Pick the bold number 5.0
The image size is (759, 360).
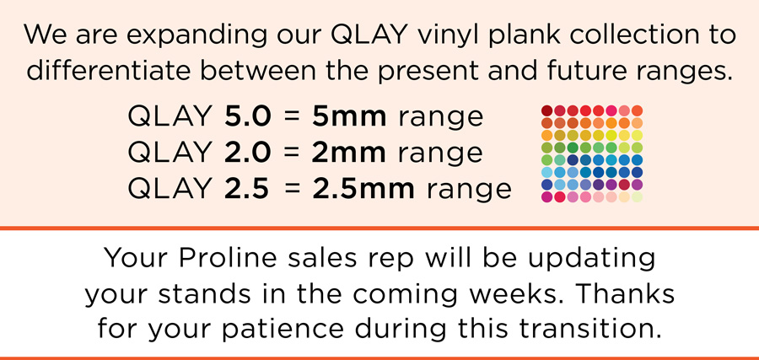247,116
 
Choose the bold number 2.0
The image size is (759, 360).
247,153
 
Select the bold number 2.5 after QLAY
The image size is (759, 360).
246,189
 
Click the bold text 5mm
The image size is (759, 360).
349,116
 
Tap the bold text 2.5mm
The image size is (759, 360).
363,189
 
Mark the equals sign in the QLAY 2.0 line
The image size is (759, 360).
292,153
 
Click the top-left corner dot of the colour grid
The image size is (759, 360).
547,110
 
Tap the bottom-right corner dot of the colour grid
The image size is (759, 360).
637,197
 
